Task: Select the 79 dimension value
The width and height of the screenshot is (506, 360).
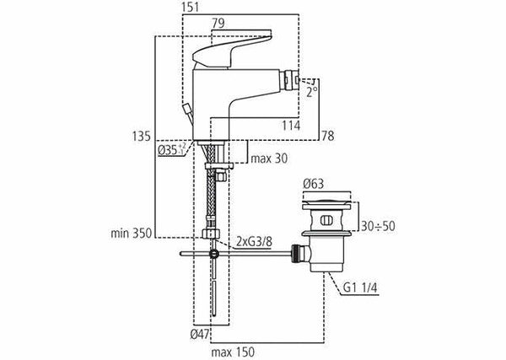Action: pyautogui.click(x=218, y=24)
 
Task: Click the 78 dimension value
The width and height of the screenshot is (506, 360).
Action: pyautogui.click(x=328, y=137)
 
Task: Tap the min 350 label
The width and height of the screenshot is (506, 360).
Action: pyautogui.click(x=131, y=233)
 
